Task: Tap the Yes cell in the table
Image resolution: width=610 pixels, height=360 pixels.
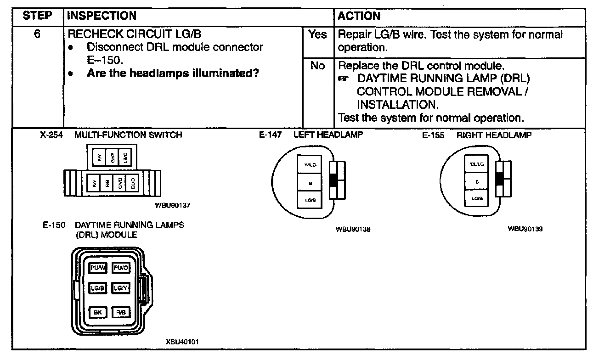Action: pyautogui.click(x=317, y=35)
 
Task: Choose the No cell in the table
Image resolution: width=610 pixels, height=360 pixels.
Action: pyautogui.click(x=317, y=66)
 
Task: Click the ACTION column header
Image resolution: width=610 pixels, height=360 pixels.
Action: pyautogui.click(x=359, y=16)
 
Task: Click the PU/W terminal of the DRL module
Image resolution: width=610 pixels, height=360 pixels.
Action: pyautogui.click(x=97, y=268)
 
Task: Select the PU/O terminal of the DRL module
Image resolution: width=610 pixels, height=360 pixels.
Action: pyautogui.click(x=121, y=268)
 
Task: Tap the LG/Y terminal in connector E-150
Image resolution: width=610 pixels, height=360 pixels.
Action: pyautogui.click(x=121, y=288)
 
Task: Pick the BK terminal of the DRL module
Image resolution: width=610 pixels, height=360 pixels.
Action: pyautogui.click(x=97, y=313)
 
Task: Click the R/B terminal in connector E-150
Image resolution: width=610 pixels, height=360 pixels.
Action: pyautogui.click(x=121, y=313)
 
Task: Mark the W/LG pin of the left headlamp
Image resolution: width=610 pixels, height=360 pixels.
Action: pyautogui.click(x=311, y=164)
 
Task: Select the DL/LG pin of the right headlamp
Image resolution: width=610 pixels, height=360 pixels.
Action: pyautogui.click(x=477, y=164)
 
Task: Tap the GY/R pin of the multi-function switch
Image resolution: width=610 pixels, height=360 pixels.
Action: pyautogui.click(x=113, y=158)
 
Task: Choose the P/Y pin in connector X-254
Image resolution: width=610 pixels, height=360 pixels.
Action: pyautogui.click(x=100, y=158)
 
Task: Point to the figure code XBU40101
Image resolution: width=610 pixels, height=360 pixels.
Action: pyautogui.click(x=182, y=342)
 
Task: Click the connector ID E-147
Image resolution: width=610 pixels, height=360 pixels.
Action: pyautogui.click(x=270, y=135)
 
